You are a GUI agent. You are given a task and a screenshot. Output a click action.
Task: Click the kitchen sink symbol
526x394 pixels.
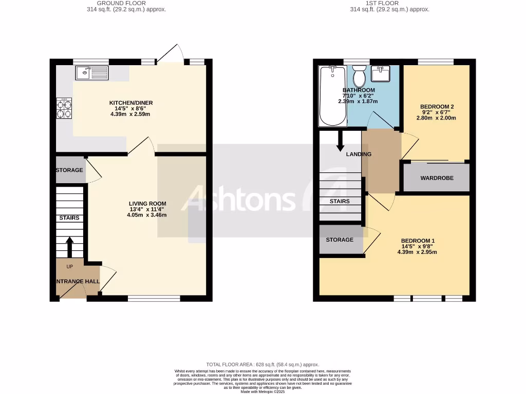point(92,73)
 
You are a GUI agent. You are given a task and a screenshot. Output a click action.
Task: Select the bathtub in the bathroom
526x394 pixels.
point(332,96)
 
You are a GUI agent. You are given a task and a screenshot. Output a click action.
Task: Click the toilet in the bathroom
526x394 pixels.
point(360,76)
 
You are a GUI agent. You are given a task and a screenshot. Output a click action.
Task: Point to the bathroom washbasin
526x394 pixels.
point(383,74)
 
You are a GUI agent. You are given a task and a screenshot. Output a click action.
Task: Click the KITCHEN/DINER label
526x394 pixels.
point(131,103)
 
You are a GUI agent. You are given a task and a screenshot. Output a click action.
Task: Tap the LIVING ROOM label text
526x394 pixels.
point(147,204)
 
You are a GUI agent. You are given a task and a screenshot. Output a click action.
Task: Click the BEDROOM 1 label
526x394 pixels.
point(418,241)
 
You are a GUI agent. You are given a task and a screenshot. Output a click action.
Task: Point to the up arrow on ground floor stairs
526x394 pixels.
point(70,247)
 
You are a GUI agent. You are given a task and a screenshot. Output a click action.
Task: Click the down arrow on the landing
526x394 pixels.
point(340,141)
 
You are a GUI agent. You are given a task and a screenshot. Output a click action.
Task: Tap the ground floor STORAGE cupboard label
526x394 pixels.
point(70,170)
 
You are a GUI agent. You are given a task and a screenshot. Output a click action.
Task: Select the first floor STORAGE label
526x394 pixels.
point(340,240)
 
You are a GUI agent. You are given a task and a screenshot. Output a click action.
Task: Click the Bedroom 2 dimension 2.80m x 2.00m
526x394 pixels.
point(436,118)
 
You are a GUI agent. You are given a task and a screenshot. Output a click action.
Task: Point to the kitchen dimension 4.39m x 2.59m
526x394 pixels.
point(130,114)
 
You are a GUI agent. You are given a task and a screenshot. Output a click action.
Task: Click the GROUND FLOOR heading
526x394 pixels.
point(126,3)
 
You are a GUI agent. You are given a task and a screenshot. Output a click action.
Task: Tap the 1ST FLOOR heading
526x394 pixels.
point(389,3)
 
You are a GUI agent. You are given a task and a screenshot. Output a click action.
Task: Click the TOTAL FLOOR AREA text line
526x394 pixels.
point(262,364)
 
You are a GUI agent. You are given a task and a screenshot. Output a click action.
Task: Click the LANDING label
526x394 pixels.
point(359,154)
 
